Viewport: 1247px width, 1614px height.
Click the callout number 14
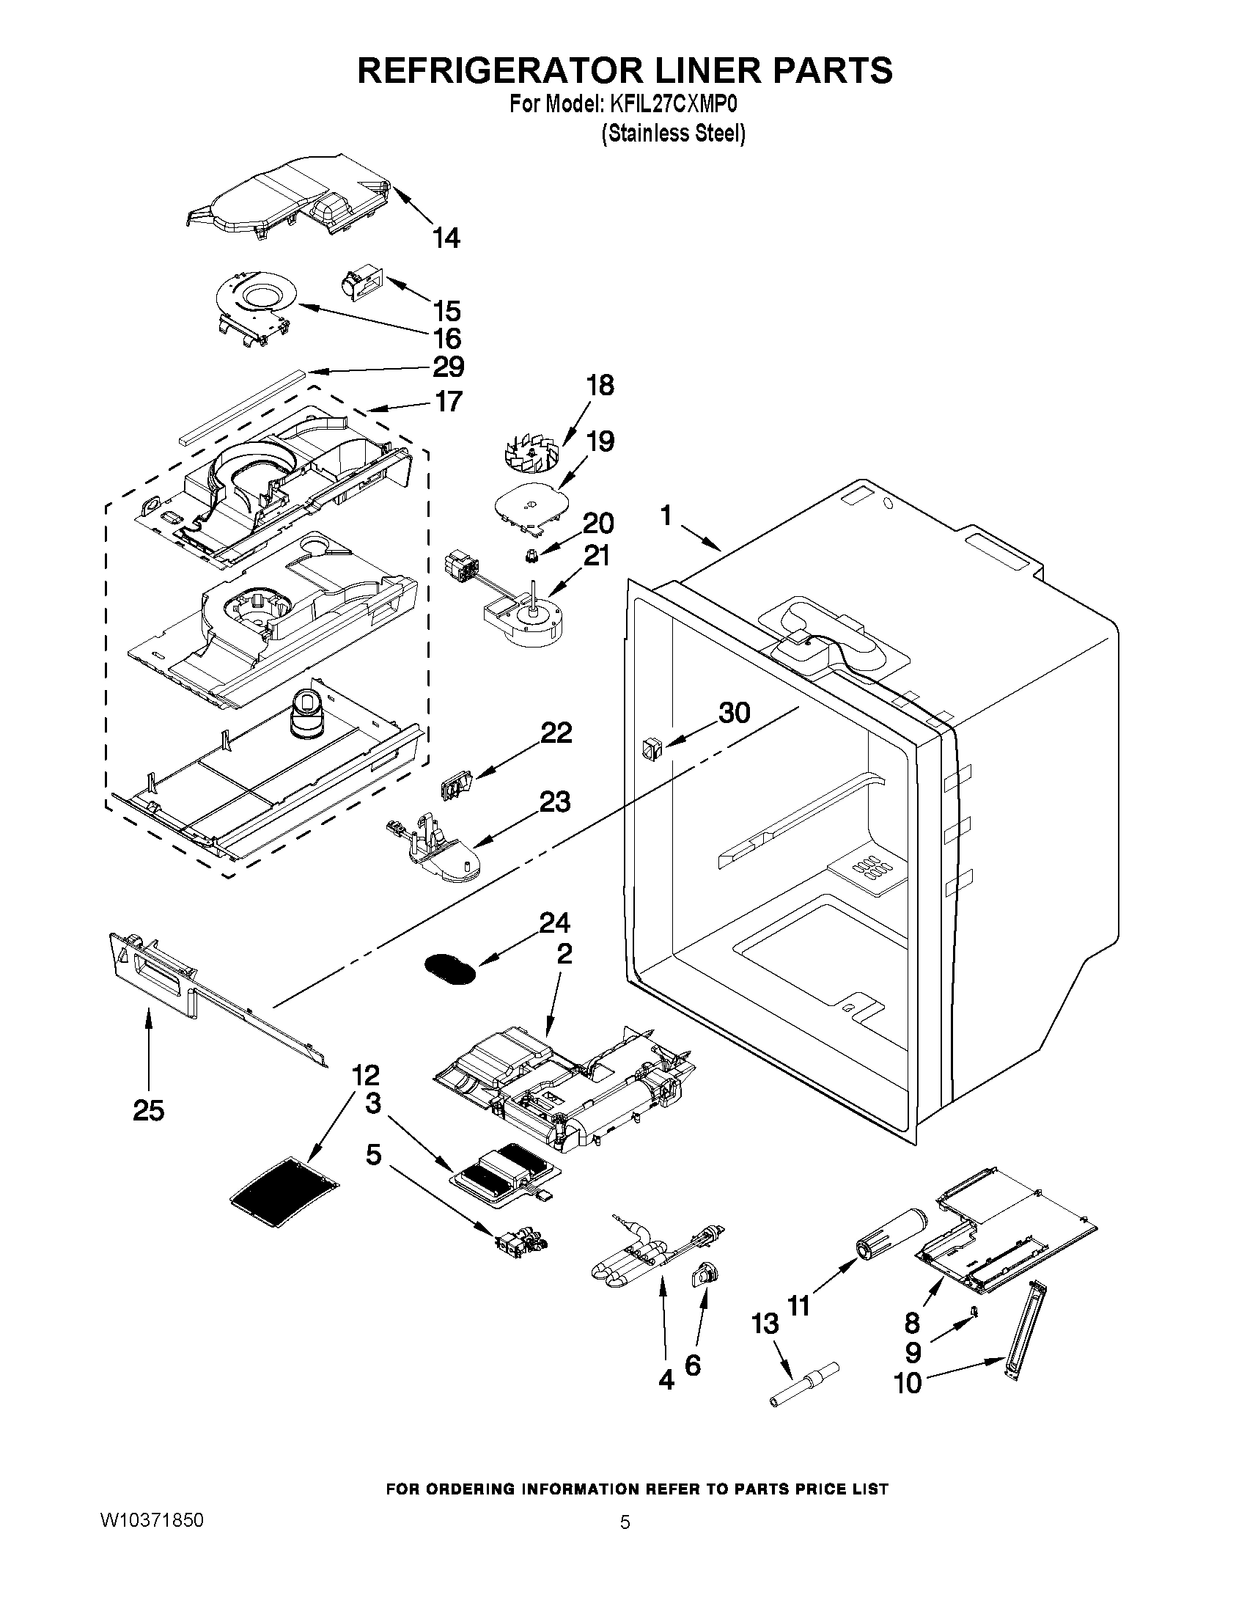pyautogui.click(x=446, y=238)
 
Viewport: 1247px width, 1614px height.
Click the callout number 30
pyautogui.click(x=735, y=714)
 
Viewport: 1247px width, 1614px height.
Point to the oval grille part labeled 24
pyautogui.click(x=449, y=968)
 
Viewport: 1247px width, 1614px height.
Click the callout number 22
pyautogui.click(x=556, y=733)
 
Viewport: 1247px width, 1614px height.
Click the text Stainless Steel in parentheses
pyautogui.click(x=672, y=133)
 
